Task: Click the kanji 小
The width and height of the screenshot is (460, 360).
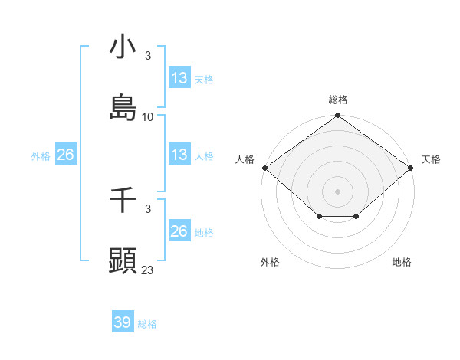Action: tap(123, 47)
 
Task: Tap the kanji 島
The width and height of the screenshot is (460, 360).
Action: tap(123, 108)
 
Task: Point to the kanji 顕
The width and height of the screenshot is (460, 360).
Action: tap(123, 261)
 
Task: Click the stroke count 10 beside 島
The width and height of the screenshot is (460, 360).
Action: tap(148, 117)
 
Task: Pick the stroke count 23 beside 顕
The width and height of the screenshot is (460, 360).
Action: tap(148, 270)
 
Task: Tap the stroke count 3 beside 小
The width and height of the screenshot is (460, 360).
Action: tap(148, 56)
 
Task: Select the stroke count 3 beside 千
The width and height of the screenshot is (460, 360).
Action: tap(148, 208)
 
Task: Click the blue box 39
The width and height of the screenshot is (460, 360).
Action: tap(123, 322)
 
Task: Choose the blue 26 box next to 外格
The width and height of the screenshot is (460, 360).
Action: tap(66, 155)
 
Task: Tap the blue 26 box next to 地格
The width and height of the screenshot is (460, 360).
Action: tap(179, 231)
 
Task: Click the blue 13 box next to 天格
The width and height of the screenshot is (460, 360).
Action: tap(179, 78)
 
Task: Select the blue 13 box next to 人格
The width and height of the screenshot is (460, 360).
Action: tap(179, 155)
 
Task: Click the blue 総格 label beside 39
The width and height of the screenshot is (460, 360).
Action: tap(147, 324)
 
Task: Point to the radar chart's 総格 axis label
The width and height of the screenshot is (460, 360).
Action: tap(338, 100)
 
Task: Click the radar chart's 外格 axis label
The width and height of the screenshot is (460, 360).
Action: tap(270, 262)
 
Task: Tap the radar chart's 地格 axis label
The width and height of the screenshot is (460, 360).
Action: tap(402, 262)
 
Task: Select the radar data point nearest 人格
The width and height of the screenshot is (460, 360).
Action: tap(264, 168)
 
